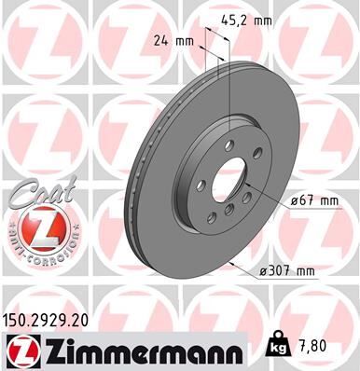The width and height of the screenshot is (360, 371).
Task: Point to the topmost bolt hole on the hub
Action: pyautogui.click(x=228, y=144)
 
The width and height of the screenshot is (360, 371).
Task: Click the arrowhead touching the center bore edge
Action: pyautogui.click(x=248, y=186)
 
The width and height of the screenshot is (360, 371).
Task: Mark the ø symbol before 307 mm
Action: pyautogui.click(x=266, y=271)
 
